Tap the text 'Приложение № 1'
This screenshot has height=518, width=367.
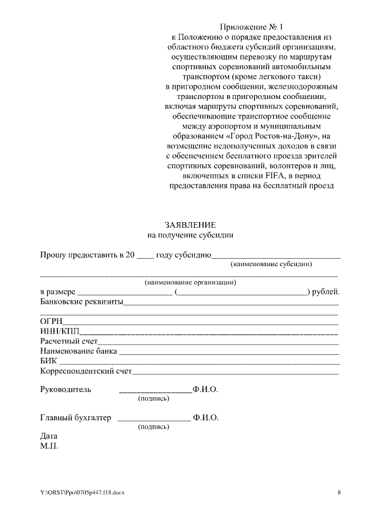(x=252, y=27)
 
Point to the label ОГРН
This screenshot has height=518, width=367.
(x=51, y=321)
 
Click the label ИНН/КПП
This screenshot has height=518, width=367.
(x=60, y=331)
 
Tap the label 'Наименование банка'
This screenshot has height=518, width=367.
(x=79, y=351)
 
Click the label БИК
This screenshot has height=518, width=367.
(x=49, y=362)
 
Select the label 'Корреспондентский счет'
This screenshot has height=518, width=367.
(x=86, y=372)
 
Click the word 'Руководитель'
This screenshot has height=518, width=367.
(x=65, y=389)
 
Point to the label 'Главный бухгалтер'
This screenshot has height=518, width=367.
(x=76, y=417)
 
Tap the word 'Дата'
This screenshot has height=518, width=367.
(x=49, y=435)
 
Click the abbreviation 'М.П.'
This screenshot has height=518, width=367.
(x=49, y=445)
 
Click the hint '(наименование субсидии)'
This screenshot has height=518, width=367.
(x=271, y=264)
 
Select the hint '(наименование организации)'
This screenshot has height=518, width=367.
(x=191, y=282)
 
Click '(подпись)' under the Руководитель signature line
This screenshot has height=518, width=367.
(x=154, y=398)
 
